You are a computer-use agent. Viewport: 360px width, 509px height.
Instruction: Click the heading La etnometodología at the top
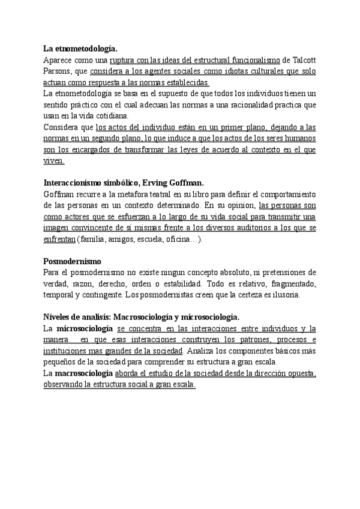click(80, 49)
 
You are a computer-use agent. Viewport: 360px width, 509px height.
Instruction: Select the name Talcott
click(304, 60)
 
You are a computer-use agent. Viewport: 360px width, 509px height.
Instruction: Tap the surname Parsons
click(58, 71)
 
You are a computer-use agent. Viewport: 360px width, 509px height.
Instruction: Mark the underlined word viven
click(53, 161)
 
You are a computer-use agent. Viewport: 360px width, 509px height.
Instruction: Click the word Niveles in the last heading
click(58, 318)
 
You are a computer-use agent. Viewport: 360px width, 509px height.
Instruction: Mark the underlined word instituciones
click(68, 351)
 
